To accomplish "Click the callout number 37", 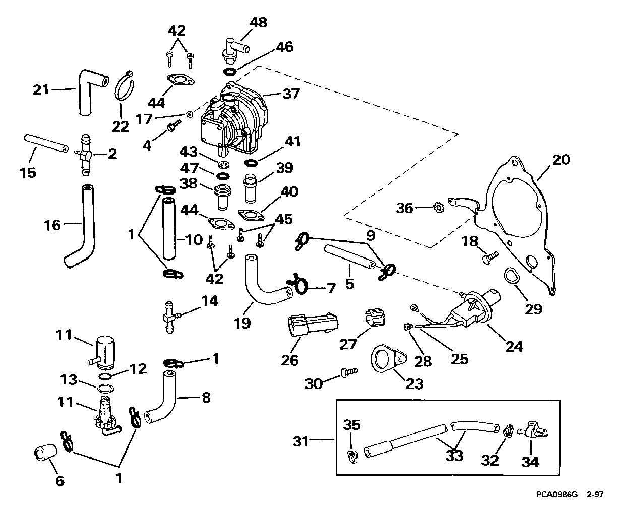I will coord(291,93).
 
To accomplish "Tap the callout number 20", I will coord(561,160).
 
